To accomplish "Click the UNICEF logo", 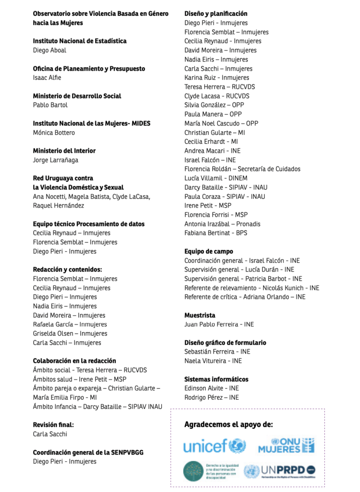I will [x=214, y=446].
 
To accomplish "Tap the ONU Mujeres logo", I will [x=286, y=445].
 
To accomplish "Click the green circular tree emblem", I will [x=193, y=471].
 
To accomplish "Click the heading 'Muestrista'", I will [x=200, y=315].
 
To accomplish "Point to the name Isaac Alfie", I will [x=47, y=78].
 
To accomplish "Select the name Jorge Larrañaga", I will [x=55, y=160].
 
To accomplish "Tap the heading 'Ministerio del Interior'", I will [x=64, y=151].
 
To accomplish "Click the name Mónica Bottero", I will [x=54, y=133].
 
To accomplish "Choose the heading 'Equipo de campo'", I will [x=209, y=251].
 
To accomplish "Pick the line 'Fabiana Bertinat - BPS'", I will [x=216, y=233].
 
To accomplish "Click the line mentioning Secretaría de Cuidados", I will [x=242, y=169].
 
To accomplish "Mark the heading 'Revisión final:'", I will [x=53, y=425].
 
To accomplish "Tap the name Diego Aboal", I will [x=50, y=50].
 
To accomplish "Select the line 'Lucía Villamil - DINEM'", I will [x=216, y=178].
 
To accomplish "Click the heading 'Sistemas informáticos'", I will [x=216, y=379].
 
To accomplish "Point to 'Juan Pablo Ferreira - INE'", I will [x=219, y=324].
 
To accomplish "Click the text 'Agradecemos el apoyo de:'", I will [x=229, y=424].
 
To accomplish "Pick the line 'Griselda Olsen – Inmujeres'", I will [x=70, y=333].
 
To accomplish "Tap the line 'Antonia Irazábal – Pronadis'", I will [x=223, y=224].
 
